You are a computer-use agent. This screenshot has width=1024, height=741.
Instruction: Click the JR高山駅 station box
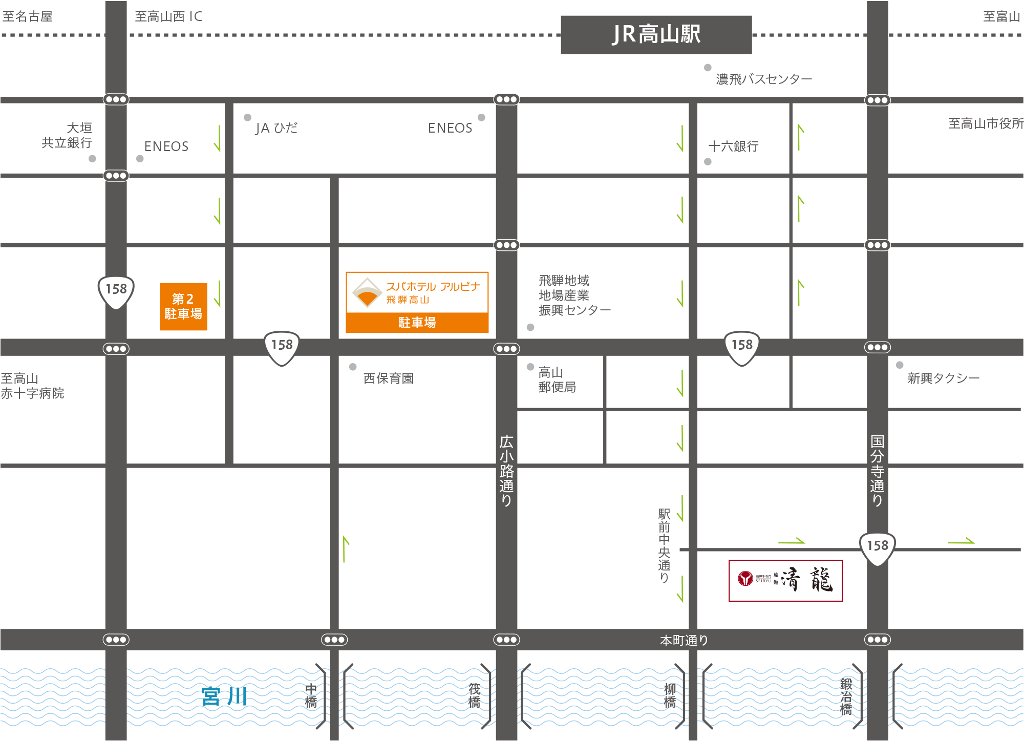[656, 35]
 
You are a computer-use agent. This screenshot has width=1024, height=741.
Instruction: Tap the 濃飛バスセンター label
[763, 79]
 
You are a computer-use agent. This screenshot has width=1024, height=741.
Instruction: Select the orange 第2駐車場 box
[183, 306]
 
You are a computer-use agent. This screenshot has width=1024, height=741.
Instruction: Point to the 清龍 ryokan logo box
[785, 580]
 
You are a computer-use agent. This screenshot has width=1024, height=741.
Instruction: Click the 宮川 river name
[224, 696]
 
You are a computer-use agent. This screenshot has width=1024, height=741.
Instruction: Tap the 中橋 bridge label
[311, 696]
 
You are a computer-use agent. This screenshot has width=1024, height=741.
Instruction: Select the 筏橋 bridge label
[475, 696]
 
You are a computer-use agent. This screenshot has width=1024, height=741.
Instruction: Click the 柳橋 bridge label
[670, 696]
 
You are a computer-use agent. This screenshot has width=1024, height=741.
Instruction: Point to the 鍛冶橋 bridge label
[846, 696]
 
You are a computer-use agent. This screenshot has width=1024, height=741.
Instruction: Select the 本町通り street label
[684, 640]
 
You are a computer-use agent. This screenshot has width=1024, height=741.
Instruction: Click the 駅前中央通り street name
[664, 545]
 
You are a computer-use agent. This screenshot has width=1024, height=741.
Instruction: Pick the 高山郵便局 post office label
[557, 379]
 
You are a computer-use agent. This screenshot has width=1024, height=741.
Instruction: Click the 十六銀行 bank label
[733, 146]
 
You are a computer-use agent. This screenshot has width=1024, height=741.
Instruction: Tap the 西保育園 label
[388, 378]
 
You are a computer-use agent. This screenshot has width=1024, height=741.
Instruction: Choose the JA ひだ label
[276, 128]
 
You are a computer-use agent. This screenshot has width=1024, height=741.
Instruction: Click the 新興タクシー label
[943, 378]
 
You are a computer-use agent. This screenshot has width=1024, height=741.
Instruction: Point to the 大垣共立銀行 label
[68, 135]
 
